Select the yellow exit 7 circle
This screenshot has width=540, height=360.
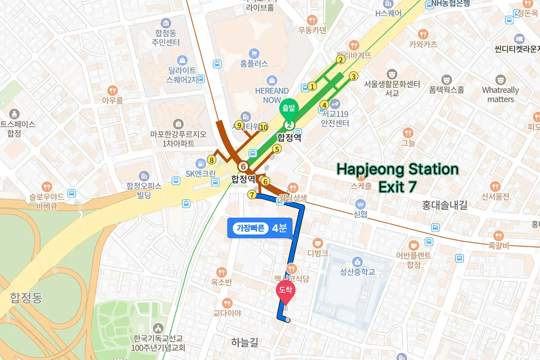[252, 194]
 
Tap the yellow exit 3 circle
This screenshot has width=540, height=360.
[354, 76]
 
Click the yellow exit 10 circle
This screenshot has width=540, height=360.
[263, 127]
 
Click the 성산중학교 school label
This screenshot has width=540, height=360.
[358, 272]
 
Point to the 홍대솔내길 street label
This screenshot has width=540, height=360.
[445, 206]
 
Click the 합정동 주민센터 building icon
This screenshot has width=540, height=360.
[166, 23]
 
